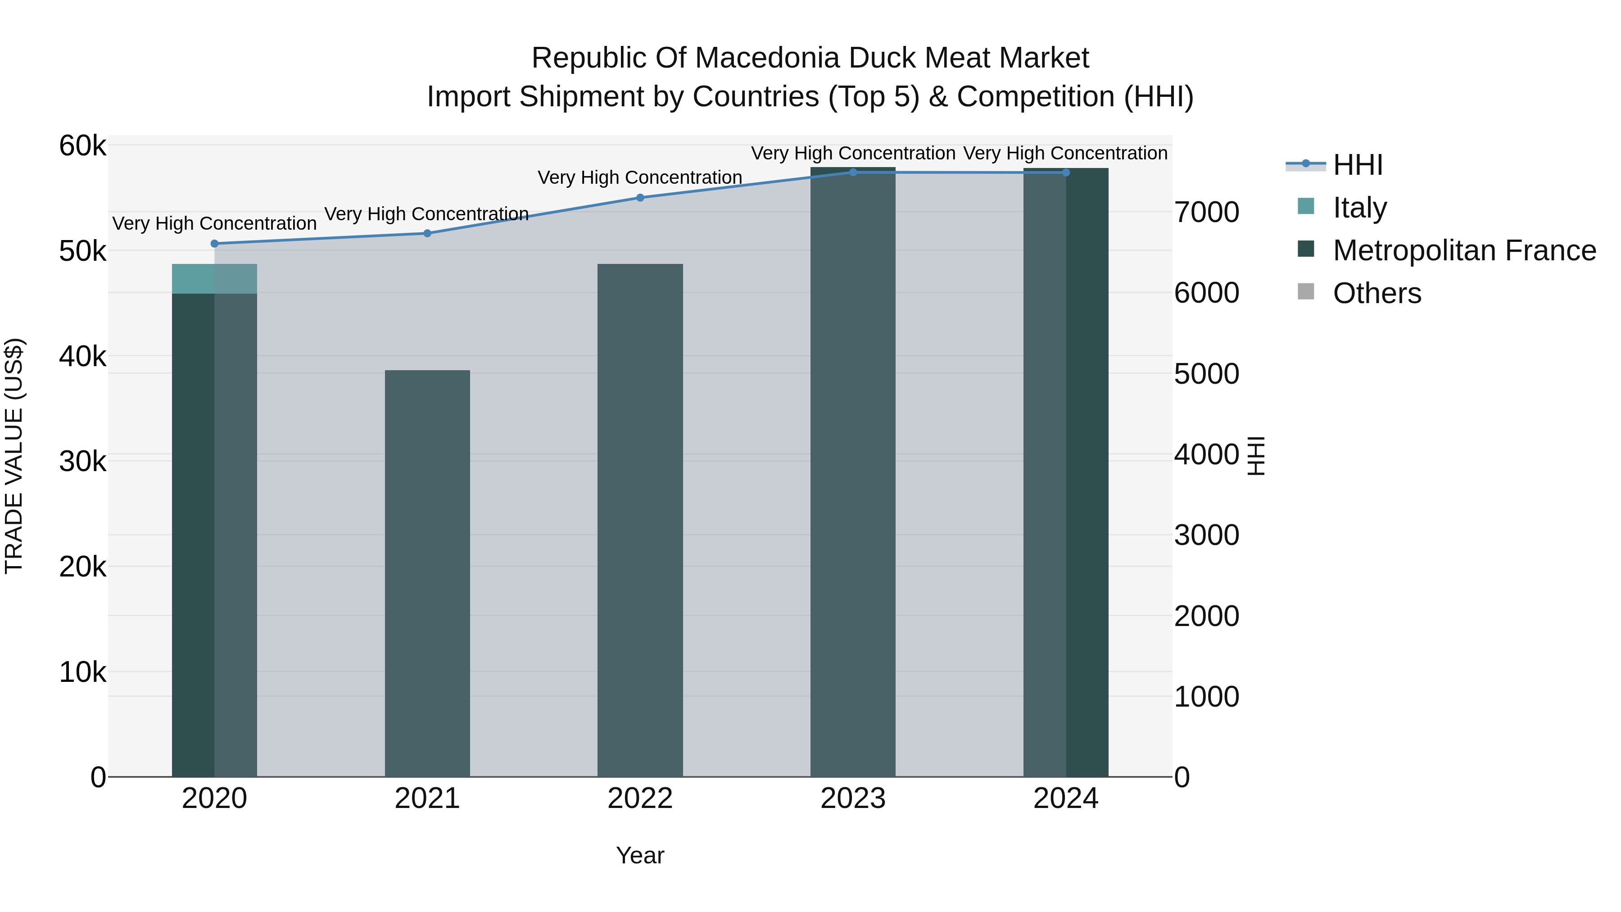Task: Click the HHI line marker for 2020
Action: coord(215,244)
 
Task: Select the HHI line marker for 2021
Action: coord(427,233)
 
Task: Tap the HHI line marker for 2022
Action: coord(640,198)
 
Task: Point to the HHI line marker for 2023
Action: coord(853,172)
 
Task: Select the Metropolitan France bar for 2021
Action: coord(427,573)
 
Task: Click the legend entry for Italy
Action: coord(1359,208)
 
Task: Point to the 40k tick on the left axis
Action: coord(82,357)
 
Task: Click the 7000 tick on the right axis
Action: coord(1206,213)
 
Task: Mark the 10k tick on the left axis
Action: coord(82,673)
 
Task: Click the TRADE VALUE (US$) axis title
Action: coord(14,456)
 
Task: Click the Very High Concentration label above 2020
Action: coord(215,223)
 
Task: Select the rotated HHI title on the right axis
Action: coord(1256,456)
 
